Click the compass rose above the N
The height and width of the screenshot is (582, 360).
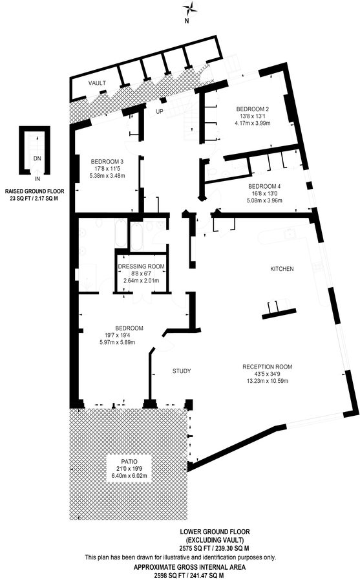point(187,7)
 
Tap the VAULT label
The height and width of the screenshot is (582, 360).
point(97,83)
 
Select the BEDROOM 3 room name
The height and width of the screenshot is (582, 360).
point(107,162)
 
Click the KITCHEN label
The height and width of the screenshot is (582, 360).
point(282,269)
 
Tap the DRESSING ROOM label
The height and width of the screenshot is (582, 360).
point(141,266)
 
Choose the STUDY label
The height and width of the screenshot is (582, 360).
point(182,371)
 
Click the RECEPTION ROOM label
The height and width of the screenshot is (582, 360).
point(267,367)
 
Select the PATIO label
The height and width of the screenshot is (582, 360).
point(129,461)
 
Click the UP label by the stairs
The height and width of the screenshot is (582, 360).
point(160,111)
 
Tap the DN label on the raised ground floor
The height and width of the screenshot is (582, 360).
point(37,158)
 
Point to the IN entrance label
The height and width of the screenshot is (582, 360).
point(37,179)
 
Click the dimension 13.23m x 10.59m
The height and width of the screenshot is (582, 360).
point(267,381)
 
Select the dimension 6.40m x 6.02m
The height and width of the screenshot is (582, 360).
point(129,475)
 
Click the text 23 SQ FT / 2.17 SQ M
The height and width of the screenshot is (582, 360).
point(34,199)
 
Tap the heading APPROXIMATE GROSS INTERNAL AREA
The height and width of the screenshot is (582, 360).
point(189,567)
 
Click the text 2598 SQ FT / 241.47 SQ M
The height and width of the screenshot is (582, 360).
point(189,576)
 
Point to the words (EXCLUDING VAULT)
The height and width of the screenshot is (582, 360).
point(215,540)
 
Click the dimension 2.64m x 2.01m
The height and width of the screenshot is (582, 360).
point(141,281)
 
